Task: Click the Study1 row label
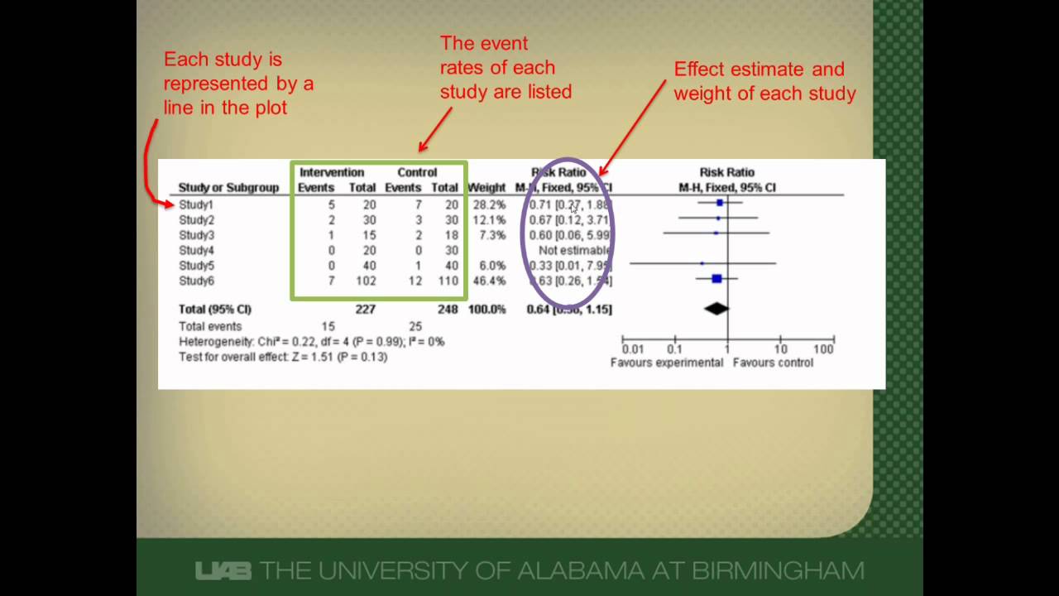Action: click(196, 204)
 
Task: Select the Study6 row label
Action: click(196, 281)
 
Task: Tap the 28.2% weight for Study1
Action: click(487, 204)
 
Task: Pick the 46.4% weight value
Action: click(487, 281)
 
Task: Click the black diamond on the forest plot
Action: click(716, 309)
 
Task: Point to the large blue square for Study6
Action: click(716, 280)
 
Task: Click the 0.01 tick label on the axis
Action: click(633, 349)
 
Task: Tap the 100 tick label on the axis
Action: click(823, 349)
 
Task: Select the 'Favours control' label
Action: click(773, 363)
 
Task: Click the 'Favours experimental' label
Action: click(667, 363)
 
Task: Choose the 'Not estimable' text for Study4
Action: click(574, 251)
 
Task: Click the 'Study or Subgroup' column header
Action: click(228, 188)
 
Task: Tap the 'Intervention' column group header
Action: click(332, 173)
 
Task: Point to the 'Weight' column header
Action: click(486, 188)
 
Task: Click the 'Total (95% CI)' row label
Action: click(215, 310)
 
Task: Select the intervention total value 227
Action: click(365, 310)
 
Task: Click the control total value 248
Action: click(447, 310)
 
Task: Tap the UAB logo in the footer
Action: click(223, 570)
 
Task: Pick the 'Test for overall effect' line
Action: click(283, 357)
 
